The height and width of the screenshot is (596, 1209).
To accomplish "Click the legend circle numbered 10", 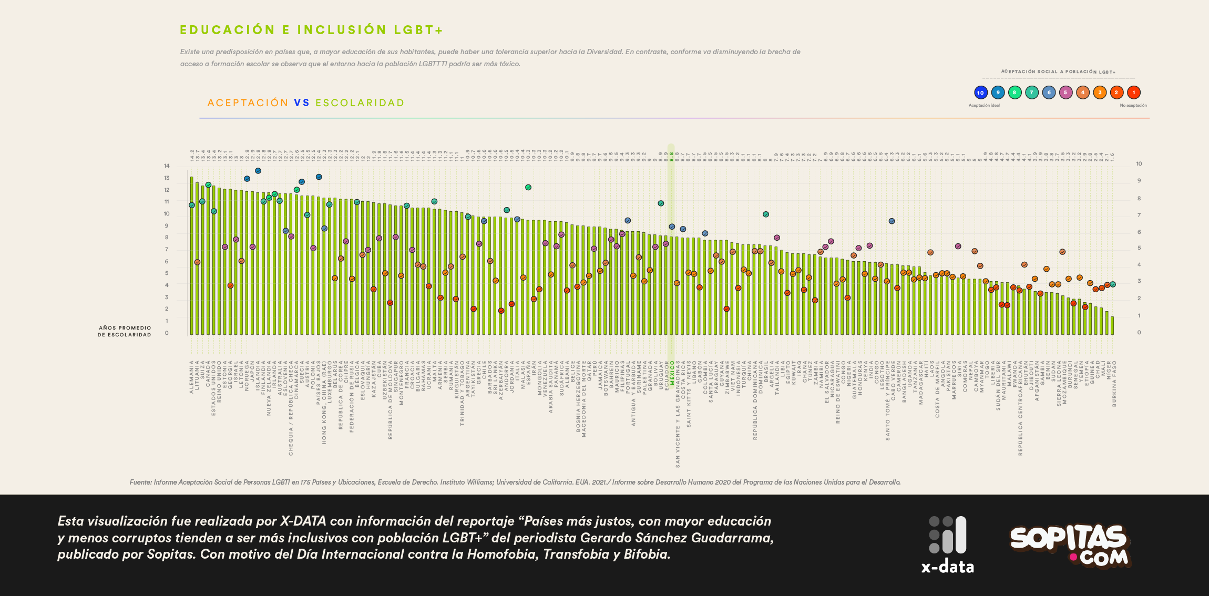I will (980, 93).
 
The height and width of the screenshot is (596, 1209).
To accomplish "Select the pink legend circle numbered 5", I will (1065, 93).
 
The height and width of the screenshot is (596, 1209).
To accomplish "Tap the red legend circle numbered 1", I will (1134, 93).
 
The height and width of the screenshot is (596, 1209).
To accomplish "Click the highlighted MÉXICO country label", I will (672, 373).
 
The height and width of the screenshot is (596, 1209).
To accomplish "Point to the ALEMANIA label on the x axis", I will (192, 376).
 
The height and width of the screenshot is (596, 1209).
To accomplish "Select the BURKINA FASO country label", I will (1114, 383).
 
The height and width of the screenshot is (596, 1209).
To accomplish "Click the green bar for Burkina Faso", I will (1112, 325).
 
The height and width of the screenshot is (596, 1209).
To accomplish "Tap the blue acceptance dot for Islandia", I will (258, 171).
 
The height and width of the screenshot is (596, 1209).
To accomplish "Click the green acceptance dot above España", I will (528, 187).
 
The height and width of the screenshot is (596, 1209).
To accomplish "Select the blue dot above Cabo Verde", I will (892, 221).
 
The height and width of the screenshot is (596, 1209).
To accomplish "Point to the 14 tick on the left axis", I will (167, 166).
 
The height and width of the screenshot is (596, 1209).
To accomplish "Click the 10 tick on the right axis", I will (1139, 164).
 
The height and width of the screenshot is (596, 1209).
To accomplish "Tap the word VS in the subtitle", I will (302, 103).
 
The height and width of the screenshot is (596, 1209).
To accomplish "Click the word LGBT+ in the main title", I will (418, 30).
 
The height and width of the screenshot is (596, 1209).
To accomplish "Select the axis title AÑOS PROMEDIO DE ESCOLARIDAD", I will (125, 331).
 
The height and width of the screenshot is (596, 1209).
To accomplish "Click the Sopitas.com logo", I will (1070, 545).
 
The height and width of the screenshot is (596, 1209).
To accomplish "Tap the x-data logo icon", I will (947, 535).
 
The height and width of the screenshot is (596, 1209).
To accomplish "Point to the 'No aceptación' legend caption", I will (1133, 106).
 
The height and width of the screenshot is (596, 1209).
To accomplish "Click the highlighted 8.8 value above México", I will (672, 156).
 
